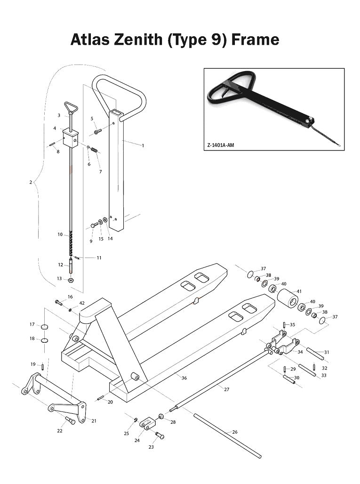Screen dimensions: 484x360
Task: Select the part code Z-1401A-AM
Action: point(220,145)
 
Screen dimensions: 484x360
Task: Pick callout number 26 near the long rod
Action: point(235,432)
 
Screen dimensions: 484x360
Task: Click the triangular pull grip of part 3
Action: point(71,108)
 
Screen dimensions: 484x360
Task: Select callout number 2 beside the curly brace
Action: point(31,182)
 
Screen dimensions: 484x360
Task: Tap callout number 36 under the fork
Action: point(184,378)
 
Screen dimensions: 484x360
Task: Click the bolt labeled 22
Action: point(70,420)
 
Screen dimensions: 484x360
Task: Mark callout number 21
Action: point(94,420)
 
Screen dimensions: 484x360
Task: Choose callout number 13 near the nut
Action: point(59,279)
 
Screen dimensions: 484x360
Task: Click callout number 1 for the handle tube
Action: point(143,145)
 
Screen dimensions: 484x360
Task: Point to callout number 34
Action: point(300,352)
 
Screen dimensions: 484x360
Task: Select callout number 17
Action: point(32,324)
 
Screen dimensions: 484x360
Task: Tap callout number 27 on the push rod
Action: point(226,389)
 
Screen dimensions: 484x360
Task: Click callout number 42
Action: point(82,303)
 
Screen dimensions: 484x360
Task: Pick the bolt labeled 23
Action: point(159,436)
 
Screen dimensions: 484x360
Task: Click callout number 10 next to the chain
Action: point(60,234)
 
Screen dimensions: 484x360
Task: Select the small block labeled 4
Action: point(70,138)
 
